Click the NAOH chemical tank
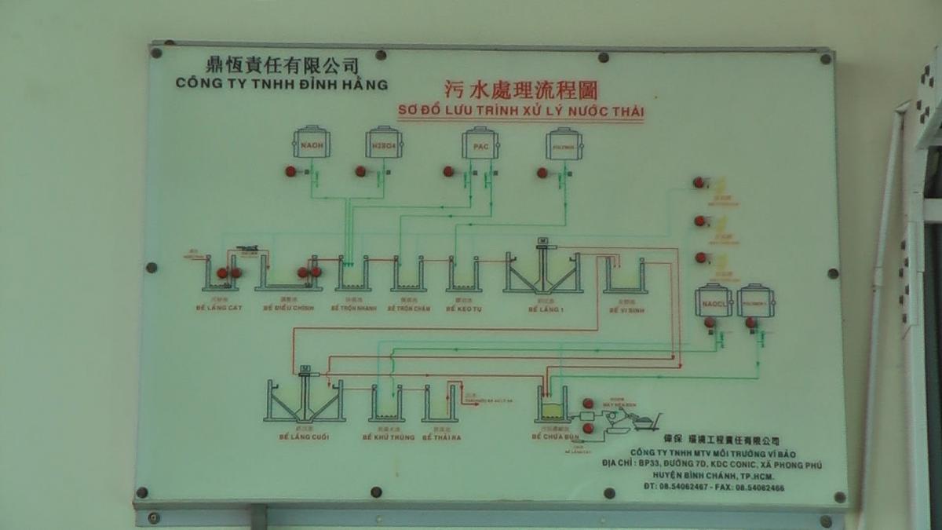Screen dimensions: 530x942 312,143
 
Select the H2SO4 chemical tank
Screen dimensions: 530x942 384,144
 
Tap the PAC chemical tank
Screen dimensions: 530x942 480,144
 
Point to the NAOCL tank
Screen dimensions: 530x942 714,301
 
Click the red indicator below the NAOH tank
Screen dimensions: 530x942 290,171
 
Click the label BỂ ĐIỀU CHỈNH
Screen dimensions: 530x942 287,309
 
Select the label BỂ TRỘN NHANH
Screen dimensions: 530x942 353,309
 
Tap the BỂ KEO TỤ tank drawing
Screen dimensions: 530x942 464,276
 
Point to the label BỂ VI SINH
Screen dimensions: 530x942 624,309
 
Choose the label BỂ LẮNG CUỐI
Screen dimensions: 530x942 302,436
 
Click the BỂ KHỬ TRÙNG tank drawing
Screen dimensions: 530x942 385,404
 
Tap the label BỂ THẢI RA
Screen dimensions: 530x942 441,436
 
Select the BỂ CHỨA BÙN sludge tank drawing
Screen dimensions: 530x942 552,406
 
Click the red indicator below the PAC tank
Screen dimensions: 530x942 448,171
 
